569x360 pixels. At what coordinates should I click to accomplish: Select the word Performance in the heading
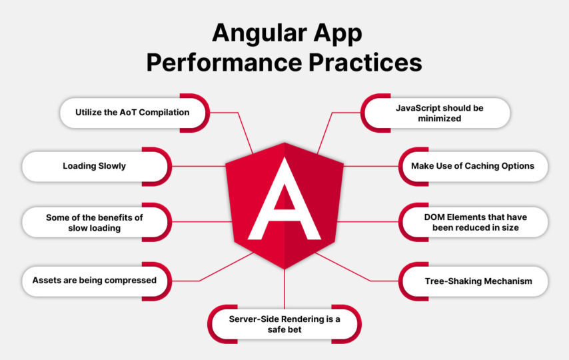tap(224, 63)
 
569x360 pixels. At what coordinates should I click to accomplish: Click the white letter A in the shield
tap(284, 199)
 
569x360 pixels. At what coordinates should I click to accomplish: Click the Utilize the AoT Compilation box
tap(135, 113)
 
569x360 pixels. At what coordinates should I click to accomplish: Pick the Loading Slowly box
tap(97, 167)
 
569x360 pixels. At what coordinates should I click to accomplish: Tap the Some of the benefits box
tap(97, 222)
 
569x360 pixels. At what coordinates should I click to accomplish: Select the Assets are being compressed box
tap(97, 281)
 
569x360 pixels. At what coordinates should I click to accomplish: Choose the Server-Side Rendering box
tap(284, 324)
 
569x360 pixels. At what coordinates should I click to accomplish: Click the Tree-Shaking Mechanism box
tap(473, 281)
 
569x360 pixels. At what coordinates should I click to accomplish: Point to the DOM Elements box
tap(473, 222)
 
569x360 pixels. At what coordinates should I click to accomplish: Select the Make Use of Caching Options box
tap(473, 167)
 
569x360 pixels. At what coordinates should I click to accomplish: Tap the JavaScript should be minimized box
tap(436, 113)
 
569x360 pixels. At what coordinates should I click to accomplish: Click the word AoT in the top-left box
tap(128, 112)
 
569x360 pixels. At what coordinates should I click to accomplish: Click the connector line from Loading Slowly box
tap(199, 167)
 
